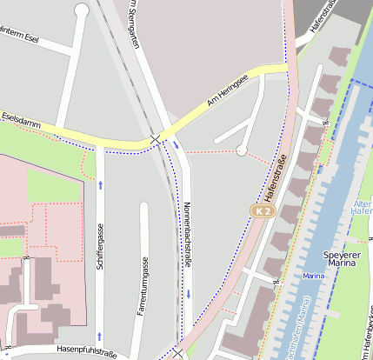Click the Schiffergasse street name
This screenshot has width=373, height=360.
pyautogui.click(x=101, y=245)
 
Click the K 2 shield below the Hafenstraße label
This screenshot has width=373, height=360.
pyautogui.click(x=263, y=211)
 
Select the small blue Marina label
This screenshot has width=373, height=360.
pyautogui.click(x=314, y=276)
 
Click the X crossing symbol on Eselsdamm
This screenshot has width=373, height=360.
pyautogui.click(x=155, y=138)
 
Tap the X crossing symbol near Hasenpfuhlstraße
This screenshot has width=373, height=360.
pyautogui.click(x=178, y=352)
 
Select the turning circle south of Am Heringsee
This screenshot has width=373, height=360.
pyautogui.click(x=242, y=150)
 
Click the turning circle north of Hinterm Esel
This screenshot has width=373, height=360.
pyautogui.click(x=82, y=10)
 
